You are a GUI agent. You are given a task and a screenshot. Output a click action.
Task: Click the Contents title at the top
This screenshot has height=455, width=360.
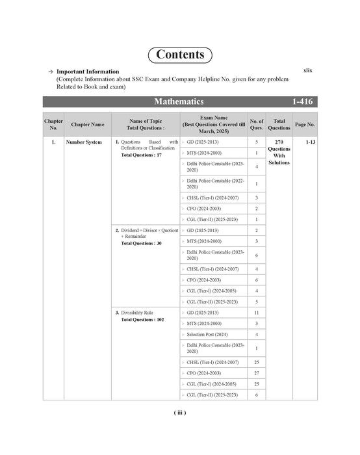tap(180, 55)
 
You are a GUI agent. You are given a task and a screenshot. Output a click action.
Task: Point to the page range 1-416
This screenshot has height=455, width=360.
tap(304, 102)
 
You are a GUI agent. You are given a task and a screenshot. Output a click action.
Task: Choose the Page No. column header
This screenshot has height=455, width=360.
tap(305, 123)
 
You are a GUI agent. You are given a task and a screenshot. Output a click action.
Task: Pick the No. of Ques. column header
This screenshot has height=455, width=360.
tap(257, 123)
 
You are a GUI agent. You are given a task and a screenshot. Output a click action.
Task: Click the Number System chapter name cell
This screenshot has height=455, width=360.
tap(84, 142)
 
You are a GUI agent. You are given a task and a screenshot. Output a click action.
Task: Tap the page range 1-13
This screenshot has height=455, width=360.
tap(309, 142)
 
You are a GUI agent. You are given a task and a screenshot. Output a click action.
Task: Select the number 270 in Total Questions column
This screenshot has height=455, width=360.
tap(279, 142)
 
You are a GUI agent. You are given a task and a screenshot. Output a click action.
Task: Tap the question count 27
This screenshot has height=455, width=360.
tap(257, 373)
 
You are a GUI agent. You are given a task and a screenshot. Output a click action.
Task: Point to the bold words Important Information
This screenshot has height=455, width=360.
tap(88, 71)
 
